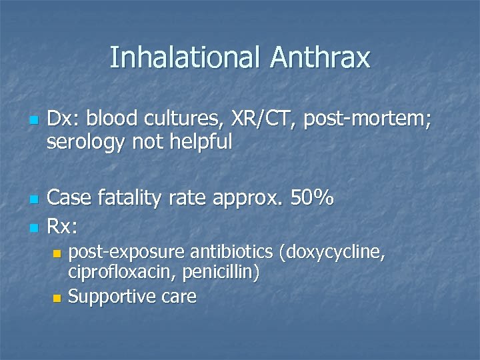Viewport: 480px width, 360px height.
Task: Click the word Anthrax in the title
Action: point(320,57)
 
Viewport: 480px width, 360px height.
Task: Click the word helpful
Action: point(198,141)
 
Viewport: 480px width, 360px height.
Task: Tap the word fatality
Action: point(129,198)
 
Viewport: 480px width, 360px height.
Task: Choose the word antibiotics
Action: point(233,252)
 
